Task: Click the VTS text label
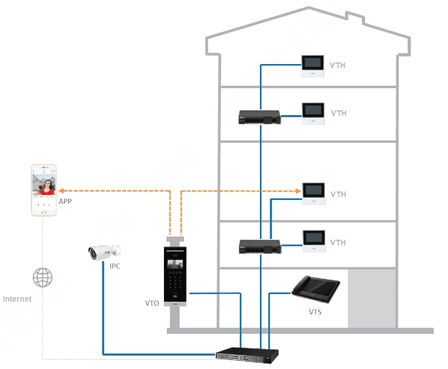coord(315,312)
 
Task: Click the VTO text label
coord(152,303)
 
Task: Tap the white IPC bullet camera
coord(103,252)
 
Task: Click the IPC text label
coord(115,266)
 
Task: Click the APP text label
coord(65,201)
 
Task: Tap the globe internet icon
coord(42,277)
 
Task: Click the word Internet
coord(17,299)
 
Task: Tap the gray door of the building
coord(372,298)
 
